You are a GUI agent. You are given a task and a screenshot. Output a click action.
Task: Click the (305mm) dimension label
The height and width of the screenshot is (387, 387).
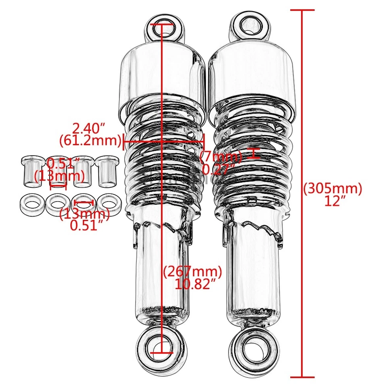point(333,188)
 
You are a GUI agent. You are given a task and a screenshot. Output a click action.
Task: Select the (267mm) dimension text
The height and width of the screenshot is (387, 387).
point(193,272)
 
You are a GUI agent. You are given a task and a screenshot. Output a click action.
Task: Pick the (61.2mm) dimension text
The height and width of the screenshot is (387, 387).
point(90,141)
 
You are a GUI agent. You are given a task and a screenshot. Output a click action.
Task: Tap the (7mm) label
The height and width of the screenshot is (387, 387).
point(221,156)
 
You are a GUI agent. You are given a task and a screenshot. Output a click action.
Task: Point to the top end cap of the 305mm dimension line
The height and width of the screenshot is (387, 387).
point(302,9)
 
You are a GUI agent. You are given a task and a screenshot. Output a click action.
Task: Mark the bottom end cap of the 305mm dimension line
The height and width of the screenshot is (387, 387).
point(302,377)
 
